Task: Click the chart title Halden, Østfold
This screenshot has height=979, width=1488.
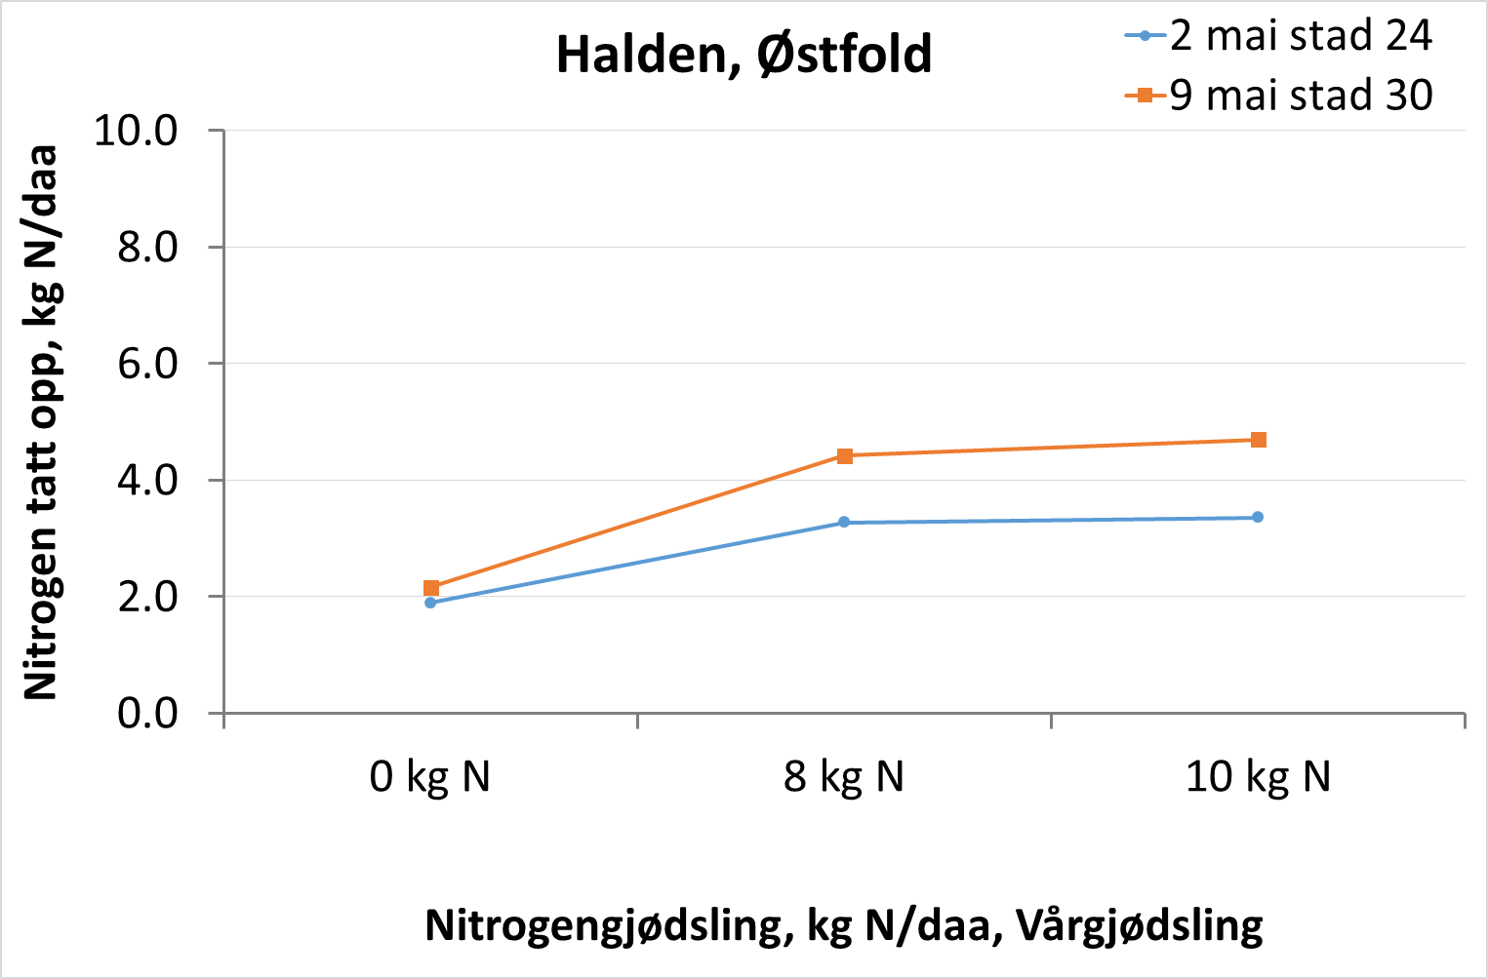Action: (x=744, y=55)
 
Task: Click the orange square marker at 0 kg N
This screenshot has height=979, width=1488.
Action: (x=431, y=588)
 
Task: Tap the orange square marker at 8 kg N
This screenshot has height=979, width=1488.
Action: (x=845, y=455)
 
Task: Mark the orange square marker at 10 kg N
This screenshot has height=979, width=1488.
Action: (x=1259, y=440)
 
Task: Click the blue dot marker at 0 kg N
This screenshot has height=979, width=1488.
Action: (x=430, y=603)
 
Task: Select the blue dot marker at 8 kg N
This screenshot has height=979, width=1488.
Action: (x=844, y=523)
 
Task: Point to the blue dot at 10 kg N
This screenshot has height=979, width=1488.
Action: (x=1258, y=517)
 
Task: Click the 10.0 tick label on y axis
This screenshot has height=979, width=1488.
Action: (x=136, y=130)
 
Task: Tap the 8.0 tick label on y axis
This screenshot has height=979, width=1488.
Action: (x=147, y=247)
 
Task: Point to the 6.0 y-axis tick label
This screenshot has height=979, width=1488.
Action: (x=147, y=364)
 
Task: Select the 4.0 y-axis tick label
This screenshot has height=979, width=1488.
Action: (x=147, y=480)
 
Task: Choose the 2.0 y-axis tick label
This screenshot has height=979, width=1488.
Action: (x=147, y=597)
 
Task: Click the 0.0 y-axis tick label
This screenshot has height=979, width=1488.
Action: (x=147, y=713)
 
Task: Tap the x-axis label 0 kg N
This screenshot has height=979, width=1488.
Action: (x=429, y=777)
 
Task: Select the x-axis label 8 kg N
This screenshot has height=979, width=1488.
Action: (x=844, y=777)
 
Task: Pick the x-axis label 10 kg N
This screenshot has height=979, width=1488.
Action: (x=1258, y=777)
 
